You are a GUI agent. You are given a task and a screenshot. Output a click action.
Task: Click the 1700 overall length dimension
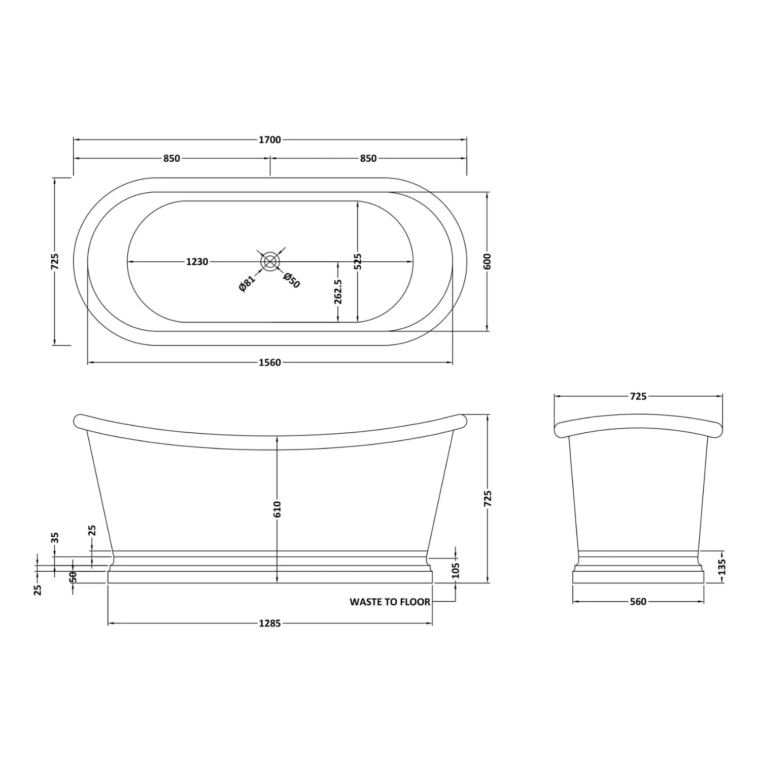(269, 140)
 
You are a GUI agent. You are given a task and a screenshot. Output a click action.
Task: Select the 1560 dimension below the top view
(269, 362)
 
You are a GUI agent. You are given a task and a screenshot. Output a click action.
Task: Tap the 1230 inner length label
(197, 262)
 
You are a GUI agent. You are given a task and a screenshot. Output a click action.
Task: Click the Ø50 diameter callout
(292, 280)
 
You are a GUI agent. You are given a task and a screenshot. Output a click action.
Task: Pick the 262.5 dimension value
(338, 291)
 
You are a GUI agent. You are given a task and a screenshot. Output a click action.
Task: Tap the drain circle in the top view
(269, 261)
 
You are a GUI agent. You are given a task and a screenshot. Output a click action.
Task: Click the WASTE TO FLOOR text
(390, 602)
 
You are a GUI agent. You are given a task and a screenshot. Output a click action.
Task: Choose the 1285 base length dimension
(269, 624)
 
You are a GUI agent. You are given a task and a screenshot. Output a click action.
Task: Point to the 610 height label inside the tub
(277, 509)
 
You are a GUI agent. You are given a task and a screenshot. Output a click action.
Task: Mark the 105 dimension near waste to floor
(455, 570)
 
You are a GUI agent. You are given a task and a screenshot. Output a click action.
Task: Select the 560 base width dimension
(638, 602)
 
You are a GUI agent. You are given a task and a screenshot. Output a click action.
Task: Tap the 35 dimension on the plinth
(55, 537)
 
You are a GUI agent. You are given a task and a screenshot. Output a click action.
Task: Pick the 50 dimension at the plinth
(73, 577)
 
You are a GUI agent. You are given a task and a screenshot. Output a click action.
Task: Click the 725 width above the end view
(638, 396)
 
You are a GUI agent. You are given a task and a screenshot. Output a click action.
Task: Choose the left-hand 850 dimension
(171, 158)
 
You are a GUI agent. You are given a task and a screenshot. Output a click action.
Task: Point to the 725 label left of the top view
(55, 261)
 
